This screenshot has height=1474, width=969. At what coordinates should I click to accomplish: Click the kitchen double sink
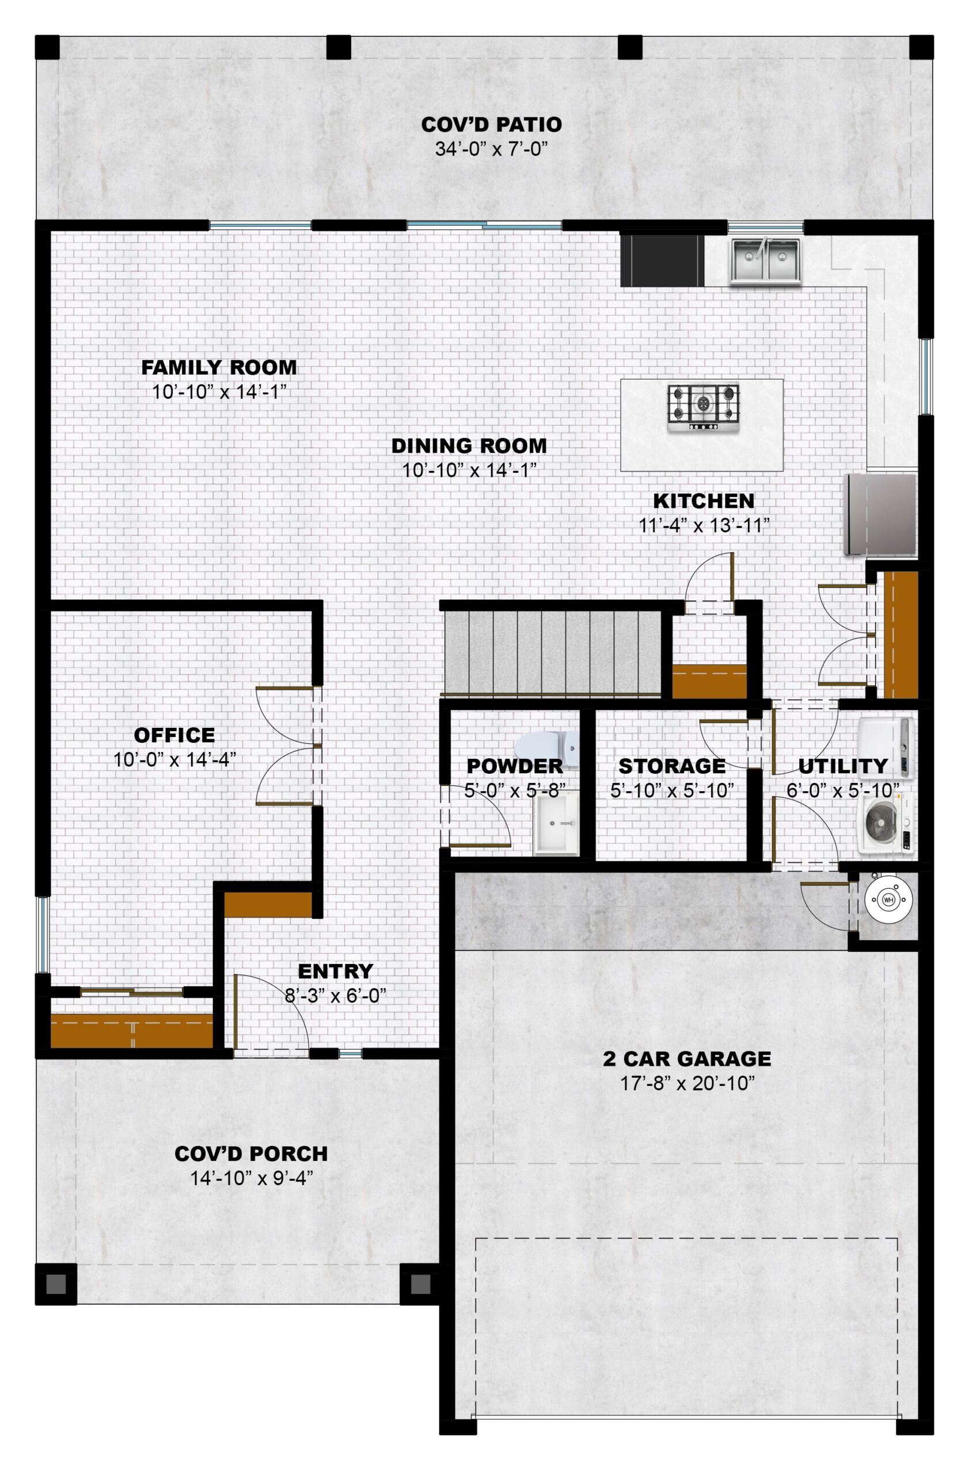click(765, 261)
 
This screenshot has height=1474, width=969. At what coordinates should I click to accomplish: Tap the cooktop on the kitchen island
click(704, 408)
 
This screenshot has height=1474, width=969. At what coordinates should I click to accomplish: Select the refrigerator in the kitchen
click(880, 514)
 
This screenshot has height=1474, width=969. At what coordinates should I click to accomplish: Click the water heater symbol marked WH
click(888, 899)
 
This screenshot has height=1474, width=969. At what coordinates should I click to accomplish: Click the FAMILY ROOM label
click(219, 367)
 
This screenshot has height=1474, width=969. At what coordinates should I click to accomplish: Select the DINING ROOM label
click(469, 445)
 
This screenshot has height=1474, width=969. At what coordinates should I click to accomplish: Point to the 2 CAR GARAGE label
click(687, 1058)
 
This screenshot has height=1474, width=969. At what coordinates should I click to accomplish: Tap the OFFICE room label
click(174, 735)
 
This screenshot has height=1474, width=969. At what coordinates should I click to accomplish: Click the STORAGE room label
click(672, 766)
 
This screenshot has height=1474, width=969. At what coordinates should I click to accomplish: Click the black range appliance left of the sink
click(663, 261)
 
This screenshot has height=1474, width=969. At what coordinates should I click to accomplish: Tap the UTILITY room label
click(843, 766)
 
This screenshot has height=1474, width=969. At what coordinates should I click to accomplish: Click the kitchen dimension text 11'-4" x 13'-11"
click(704, 525)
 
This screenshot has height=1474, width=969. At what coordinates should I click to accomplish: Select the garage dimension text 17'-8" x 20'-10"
click(687, 1083)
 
